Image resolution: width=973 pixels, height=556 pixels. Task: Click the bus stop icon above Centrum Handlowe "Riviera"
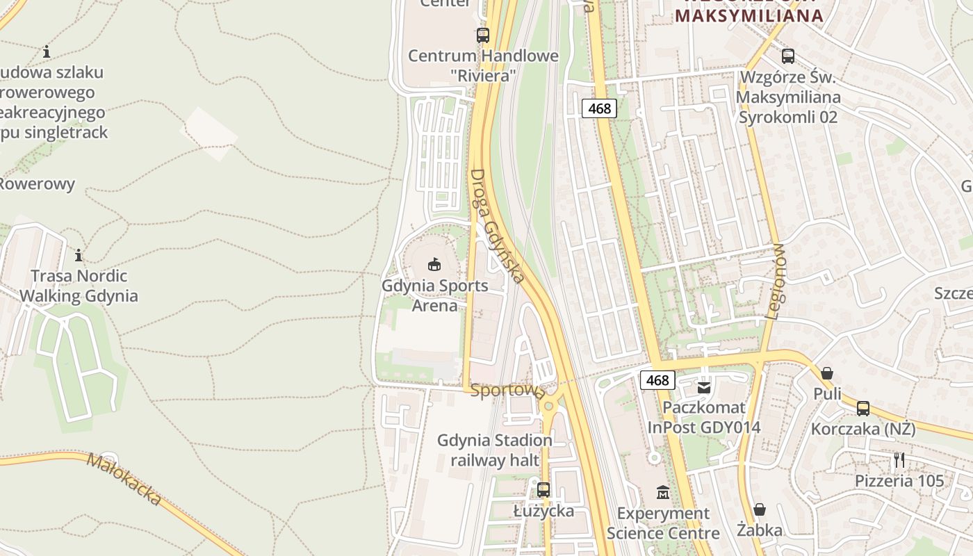[482, 35]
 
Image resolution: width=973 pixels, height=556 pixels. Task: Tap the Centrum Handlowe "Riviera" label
[483, 65]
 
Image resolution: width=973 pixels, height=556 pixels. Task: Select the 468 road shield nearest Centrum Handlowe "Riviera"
[599, 108]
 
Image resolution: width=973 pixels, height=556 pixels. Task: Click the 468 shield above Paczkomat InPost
[657, 379]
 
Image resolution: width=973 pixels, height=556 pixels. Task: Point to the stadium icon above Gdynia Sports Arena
[434, 264]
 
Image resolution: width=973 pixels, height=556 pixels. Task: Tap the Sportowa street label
[507, 391]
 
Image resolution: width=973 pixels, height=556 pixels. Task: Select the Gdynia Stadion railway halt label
[495, 450]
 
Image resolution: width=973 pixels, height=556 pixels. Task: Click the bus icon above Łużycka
[543, 489]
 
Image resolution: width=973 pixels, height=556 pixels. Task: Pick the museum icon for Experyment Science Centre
[662, 493]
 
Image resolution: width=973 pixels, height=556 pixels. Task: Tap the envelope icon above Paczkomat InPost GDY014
[704, 387]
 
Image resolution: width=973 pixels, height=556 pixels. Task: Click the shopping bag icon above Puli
[827, 373]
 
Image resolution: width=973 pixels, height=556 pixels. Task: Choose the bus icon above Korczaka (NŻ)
[863, 409]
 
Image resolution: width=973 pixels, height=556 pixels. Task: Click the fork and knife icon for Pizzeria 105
[899, 459]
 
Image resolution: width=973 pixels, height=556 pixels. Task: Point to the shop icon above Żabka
[760, 509]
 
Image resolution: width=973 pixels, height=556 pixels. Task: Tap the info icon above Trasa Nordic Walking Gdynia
[79, 255]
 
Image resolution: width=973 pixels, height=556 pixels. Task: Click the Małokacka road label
[124, 479]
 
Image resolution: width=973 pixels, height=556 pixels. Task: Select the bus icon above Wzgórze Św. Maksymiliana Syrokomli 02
[788, 56]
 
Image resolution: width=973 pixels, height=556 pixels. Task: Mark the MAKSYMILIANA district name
[749, 15]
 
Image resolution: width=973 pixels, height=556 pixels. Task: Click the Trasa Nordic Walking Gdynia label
[79, 286]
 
